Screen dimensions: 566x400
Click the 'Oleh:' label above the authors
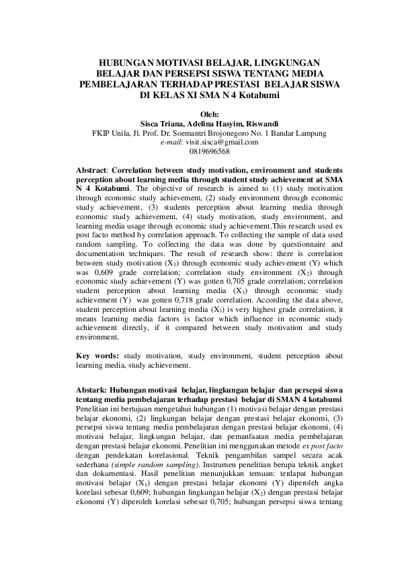pyautogui.click(x=200, y=114)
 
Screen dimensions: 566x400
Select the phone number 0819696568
pyautogui.click(x=200, y=152)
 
